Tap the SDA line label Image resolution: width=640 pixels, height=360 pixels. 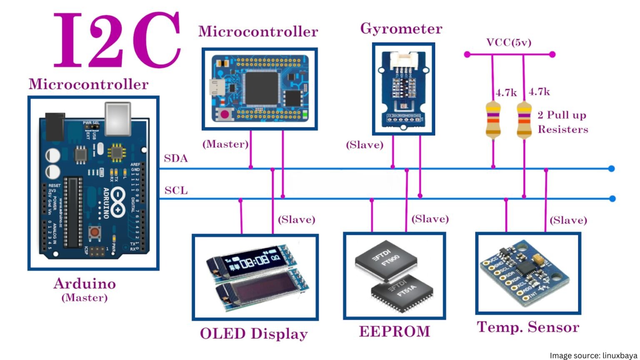point(175,159)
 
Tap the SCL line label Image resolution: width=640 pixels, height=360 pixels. point(176,191)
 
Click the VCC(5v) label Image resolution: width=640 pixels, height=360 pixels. point(509,42)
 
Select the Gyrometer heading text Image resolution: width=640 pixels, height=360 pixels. point(401,29)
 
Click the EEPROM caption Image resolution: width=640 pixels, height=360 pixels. point(394,332)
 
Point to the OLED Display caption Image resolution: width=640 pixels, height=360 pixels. point(254,334)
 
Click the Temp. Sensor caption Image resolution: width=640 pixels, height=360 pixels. point(528,327)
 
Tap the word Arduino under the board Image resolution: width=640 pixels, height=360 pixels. point(85,284)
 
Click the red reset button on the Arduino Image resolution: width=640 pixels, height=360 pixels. point(95,232)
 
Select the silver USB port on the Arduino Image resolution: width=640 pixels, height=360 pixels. point(118,119)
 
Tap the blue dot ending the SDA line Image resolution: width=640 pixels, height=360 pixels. point(611,169)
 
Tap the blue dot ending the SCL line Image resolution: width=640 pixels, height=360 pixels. point(612,199)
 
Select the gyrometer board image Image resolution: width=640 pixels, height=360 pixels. point(403,89)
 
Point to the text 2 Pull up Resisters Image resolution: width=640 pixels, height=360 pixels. point(562,122)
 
